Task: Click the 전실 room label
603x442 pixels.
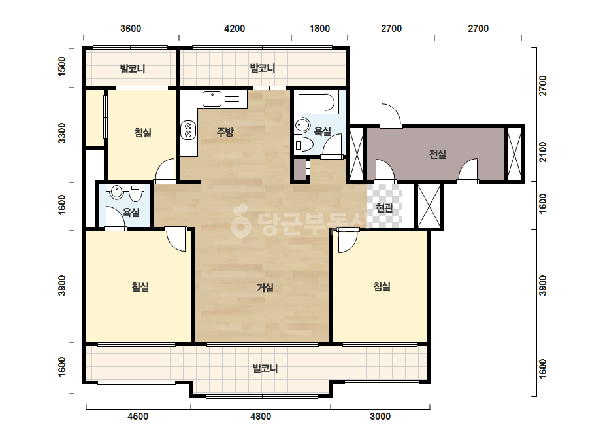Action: click(x=437, y=154)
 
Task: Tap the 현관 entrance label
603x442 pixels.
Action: click(x=384, y=208)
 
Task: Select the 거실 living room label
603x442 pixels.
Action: click(x=265, y=288)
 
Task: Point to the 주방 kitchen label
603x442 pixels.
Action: click(x=225, y=132)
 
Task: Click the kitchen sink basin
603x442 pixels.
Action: click(x=212, y=99)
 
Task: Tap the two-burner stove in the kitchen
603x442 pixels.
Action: click(x=188, y=130)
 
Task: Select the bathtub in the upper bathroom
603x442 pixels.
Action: click(x=316, y=103)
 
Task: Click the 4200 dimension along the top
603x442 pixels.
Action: click(x=235, y=29)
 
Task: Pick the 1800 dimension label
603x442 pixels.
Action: click(x=319, y=29)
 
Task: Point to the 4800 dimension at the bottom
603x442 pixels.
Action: click(x=261, y=416)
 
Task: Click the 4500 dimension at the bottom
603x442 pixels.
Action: click(x=138, y=416)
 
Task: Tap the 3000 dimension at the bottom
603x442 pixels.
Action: click(x=380, y=416)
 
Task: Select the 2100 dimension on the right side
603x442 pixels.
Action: click(x=543, y=152)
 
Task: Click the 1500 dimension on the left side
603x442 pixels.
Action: click(x=61, y=66)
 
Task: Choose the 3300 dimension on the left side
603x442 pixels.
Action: click(x=61, y=133)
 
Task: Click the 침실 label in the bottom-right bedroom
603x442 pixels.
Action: click(x=382, y=286)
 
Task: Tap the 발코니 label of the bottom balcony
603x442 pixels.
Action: click(x=265, y=368)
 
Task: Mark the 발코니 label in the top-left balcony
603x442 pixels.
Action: click(x=132, y=69)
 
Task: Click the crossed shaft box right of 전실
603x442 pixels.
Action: click(x=513, y=154)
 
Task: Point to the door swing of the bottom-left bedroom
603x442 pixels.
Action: click(x=176, y=239)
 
